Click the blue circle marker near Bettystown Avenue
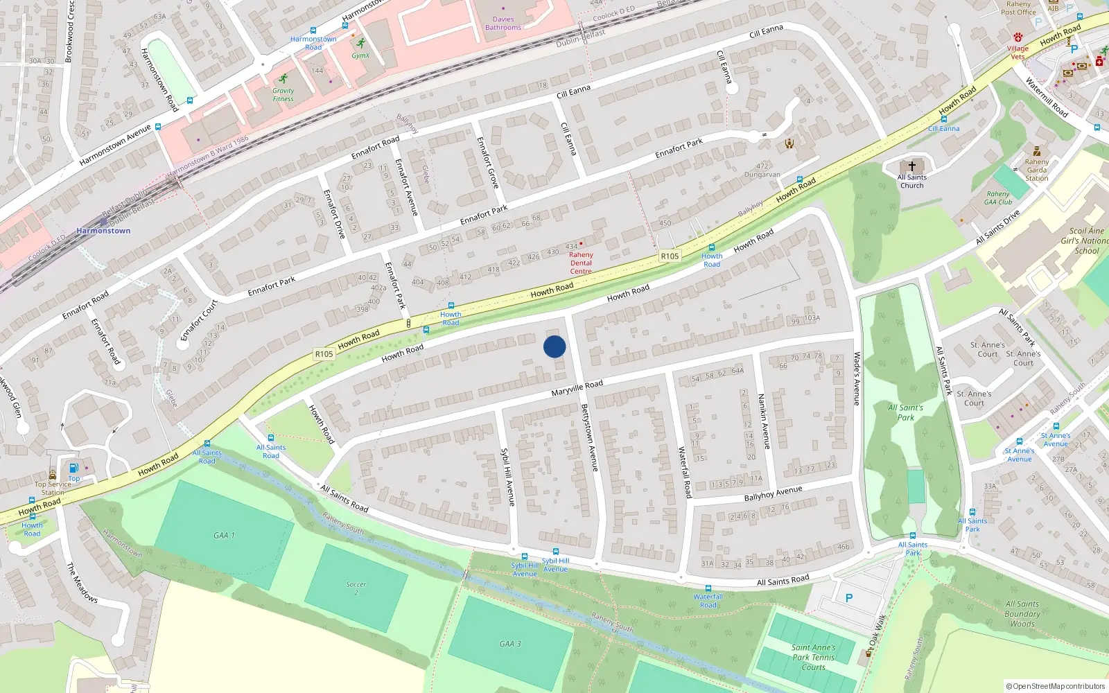pyautogui.click(x=554, y=346)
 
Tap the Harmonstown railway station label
pyautogui.click(x=103, y=231)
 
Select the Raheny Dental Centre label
pyautogui.click(x=581, y=263)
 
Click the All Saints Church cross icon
pyautogui.click(x=912, y=166)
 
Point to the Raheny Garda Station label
pyautogui.click(x=1037, y=170)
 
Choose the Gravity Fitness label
pyautogui.click(x=283, y=95)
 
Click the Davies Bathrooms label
pyautogui.click(x=503, y=24)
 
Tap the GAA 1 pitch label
pyautogui.click(x=224, y=535)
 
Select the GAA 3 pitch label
pyautogui.click(x=510, y=644)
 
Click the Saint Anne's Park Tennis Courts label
pyautogui.click(x=814, y=657)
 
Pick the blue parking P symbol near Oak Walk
pyautogui.click(x=849, y=597)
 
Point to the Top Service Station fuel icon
pyautogui.click(x=73, y=468)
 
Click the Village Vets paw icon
pyautogui.click(x=1018, y=37)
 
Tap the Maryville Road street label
pyautogui.click(x=577, y=388)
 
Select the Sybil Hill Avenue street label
pyautogui.click(x=508, y=477)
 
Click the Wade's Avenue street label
pyautogui.click(x=857, y=378)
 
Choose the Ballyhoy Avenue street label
pyautogui.click(x=773, y=493)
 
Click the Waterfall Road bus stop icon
pyautogui.click(x=708, y=588)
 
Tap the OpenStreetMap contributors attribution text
pyautogui.click(x=1056, y=686)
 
